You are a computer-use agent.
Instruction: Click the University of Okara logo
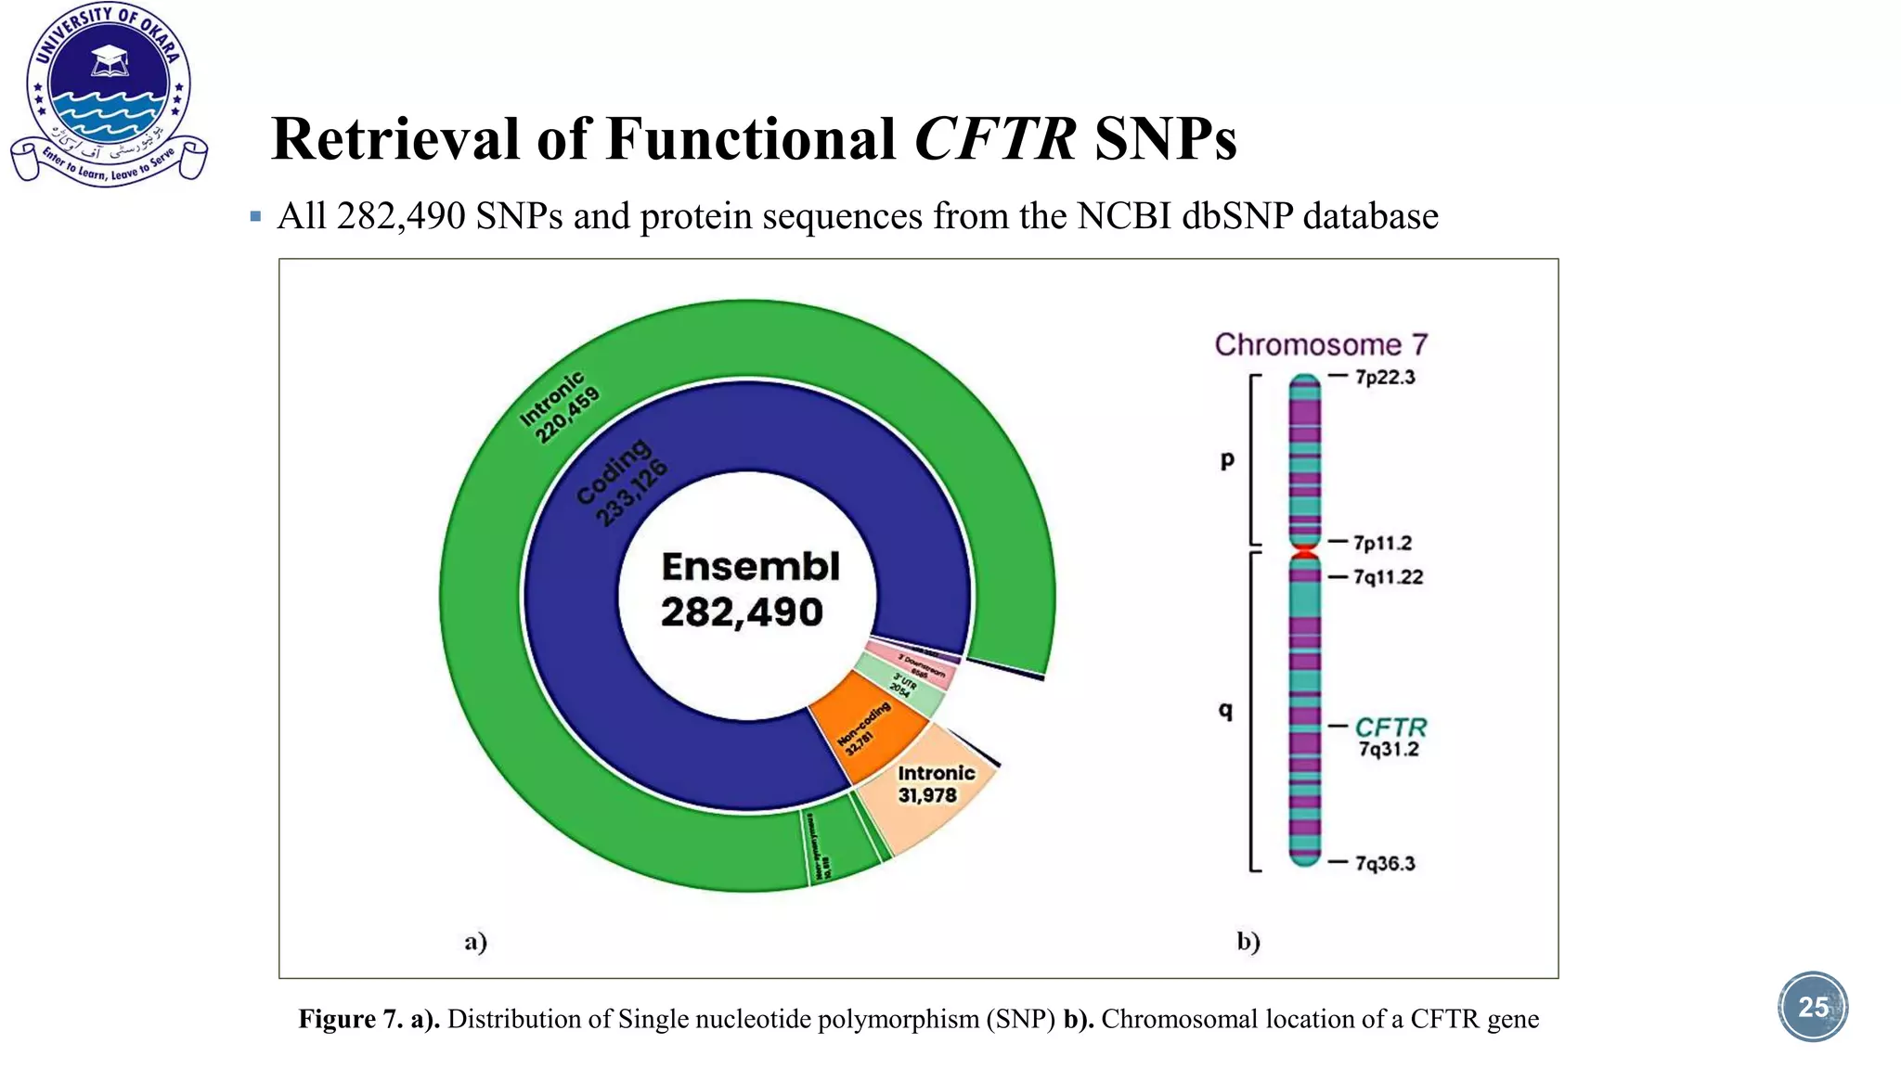tap(109, 94)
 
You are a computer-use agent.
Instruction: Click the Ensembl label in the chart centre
tap(750, 567)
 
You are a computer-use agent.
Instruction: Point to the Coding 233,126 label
tap(621, 483)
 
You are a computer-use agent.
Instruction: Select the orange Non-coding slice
tap(865, 728)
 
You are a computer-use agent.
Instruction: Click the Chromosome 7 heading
tap(1320, 344)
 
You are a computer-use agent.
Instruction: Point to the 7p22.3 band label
tap(1384, 377)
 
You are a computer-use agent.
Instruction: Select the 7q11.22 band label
tap(1387, 577)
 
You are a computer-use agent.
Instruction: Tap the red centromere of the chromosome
tap(1305, 552)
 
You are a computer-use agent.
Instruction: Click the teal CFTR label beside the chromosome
tap(1390, 727)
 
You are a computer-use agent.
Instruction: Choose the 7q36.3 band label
tap(1384, 863)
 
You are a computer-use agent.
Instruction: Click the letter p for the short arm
tap(1227, 459)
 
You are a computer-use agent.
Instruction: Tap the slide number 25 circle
tap(1812, 1007)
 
